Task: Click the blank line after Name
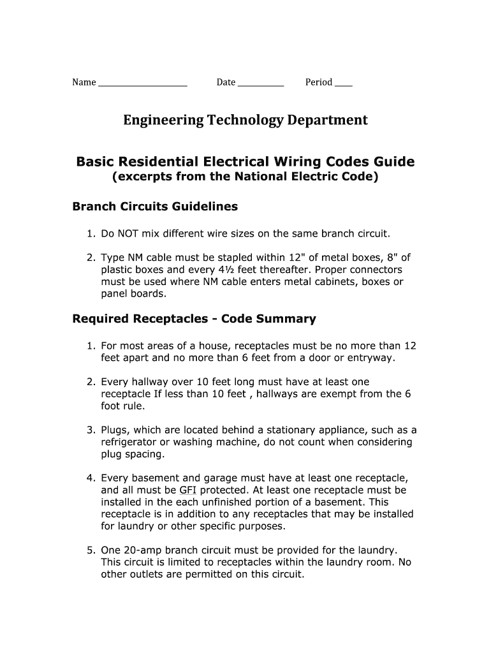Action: point(142,84)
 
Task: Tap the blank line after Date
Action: point(260,84)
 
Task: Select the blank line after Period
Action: point(343,84)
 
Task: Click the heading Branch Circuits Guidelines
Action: point(155,207)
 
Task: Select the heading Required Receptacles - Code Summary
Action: point(194,318)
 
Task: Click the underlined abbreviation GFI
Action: point(187,490)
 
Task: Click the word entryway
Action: point(370,358)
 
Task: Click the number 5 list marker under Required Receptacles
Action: point(91,550)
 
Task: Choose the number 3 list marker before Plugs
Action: point(91,430)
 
